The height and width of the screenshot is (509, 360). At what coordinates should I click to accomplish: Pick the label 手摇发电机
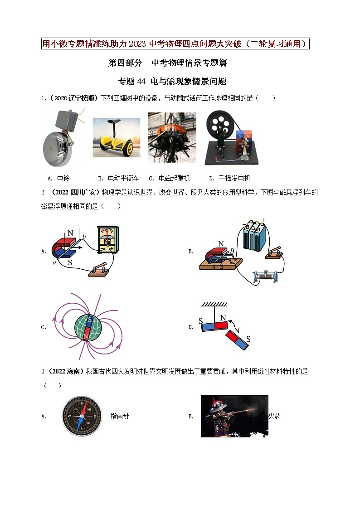click(234, 178)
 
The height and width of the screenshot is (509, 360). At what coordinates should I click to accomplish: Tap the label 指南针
click(120, 416)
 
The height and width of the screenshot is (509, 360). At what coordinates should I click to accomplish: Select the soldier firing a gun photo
click(234, 416)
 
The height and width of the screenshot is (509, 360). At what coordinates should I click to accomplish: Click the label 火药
click(274, 416)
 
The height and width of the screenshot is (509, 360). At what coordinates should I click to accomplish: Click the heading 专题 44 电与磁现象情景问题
click(172, 82)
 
